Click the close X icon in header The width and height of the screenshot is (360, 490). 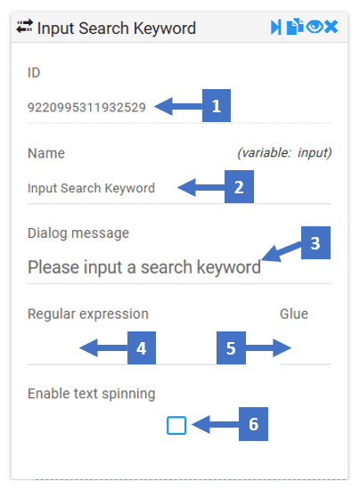(331, 27)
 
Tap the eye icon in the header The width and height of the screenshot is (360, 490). (315, 27)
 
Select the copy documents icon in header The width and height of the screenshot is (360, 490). (295, 27)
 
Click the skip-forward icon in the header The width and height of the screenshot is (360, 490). (276, 28)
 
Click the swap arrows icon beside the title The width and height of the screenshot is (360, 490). (24, 26)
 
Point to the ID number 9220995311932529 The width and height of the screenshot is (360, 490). (86, 108)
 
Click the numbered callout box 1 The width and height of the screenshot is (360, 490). (217, 106)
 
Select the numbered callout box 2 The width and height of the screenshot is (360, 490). (239, 187)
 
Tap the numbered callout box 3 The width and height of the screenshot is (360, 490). (315, 243)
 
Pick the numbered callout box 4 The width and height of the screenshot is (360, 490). (142, 348)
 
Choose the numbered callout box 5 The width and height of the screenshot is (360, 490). (231, 348)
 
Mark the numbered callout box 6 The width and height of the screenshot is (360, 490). (253, 424)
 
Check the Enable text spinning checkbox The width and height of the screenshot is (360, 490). (176, 425)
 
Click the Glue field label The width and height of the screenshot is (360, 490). (294, 314)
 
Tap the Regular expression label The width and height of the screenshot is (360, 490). (88, 314)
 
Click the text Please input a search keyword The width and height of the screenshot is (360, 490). (144, 267)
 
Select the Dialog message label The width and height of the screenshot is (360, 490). (78, 233)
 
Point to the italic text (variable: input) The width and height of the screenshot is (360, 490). (284, 153)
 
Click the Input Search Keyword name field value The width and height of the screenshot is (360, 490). (91, 188)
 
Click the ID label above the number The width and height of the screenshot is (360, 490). (34, 72)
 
